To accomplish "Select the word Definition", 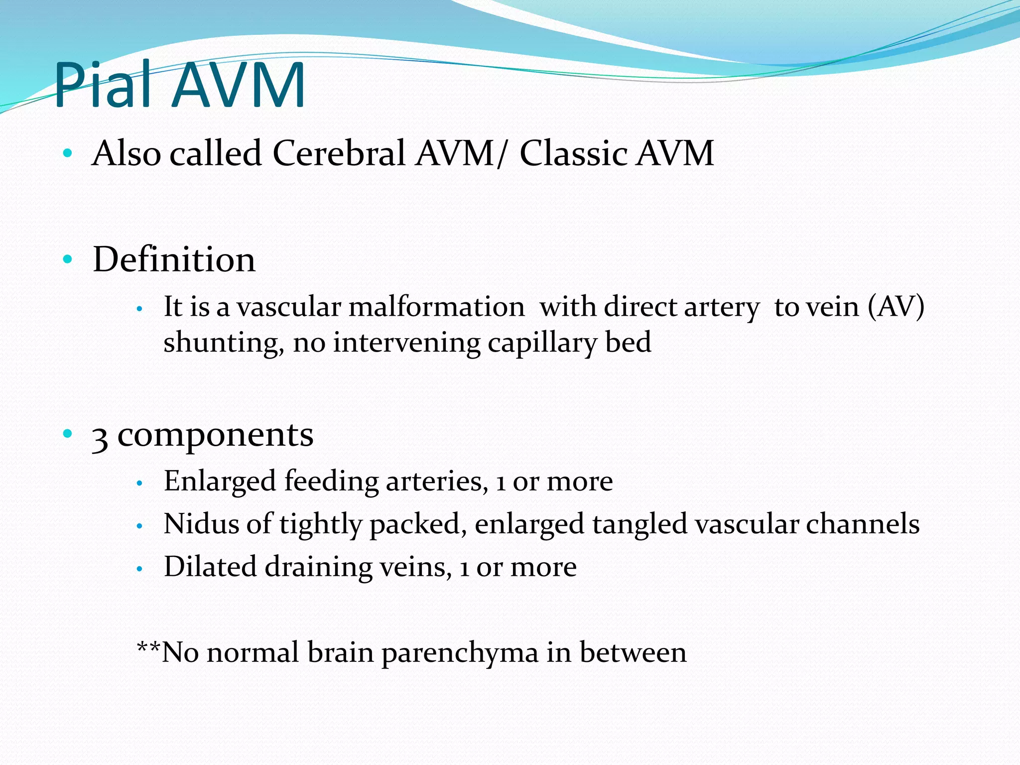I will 174,260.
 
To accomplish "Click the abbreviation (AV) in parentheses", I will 895,307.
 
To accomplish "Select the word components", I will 215,435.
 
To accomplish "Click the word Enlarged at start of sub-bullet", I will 220,482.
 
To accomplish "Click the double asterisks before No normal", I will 148,648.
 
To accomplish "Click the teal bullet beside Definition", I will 68,259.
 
